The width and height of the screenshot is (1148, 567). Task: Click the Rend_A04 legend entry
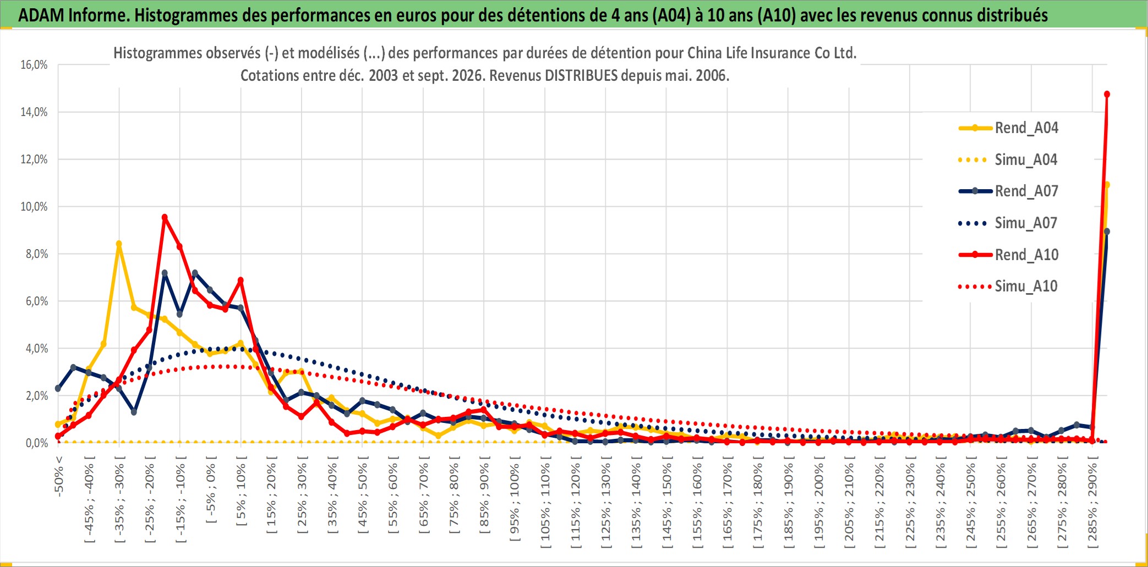coord(1008,128)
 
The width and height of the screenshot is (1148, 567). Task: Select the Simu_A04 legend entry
coord(1008,160)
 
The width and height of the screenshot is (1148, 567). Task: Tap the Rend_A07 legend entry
coord(1008,191)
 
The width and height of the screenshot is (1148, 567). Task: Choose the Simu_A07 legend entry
coord(1008,223)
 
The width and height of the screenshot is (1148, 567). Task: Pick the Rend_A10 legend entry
coord(1008,255)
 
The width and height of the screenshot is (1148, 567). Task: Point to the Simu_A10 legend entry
coord(1008,286)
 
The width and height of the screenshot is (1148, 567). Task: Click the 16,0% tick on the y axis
coord(34,65)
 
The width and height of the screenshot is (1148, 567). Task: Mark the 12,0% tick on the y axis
coord(34,159)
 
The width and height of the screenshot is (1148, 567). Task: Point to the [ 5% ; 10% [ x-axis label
coord(241,491)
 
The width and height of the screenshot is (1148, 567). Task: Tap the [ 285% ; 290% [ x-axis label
coord(1092,502)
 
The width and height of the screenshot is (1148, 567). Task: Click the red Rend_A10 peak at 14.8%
coord(1107,95)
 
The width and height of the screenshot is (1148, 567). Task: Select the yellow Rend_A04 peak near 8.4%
coord(119,244)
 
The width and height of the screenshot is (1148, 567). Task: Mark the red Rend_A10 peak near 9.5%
coord(165,217)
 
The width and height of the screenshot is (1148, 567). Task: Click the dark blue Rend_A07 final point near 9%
coord(1107,232)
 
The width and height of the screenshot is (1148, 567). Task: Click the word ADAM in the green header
coord(41,15)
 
